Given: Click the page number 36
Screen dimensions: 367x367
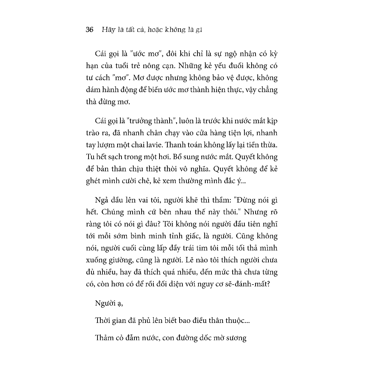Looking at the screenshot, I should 90,30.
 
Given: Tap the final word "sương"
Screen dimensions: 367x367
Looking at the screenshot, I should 236,338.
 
